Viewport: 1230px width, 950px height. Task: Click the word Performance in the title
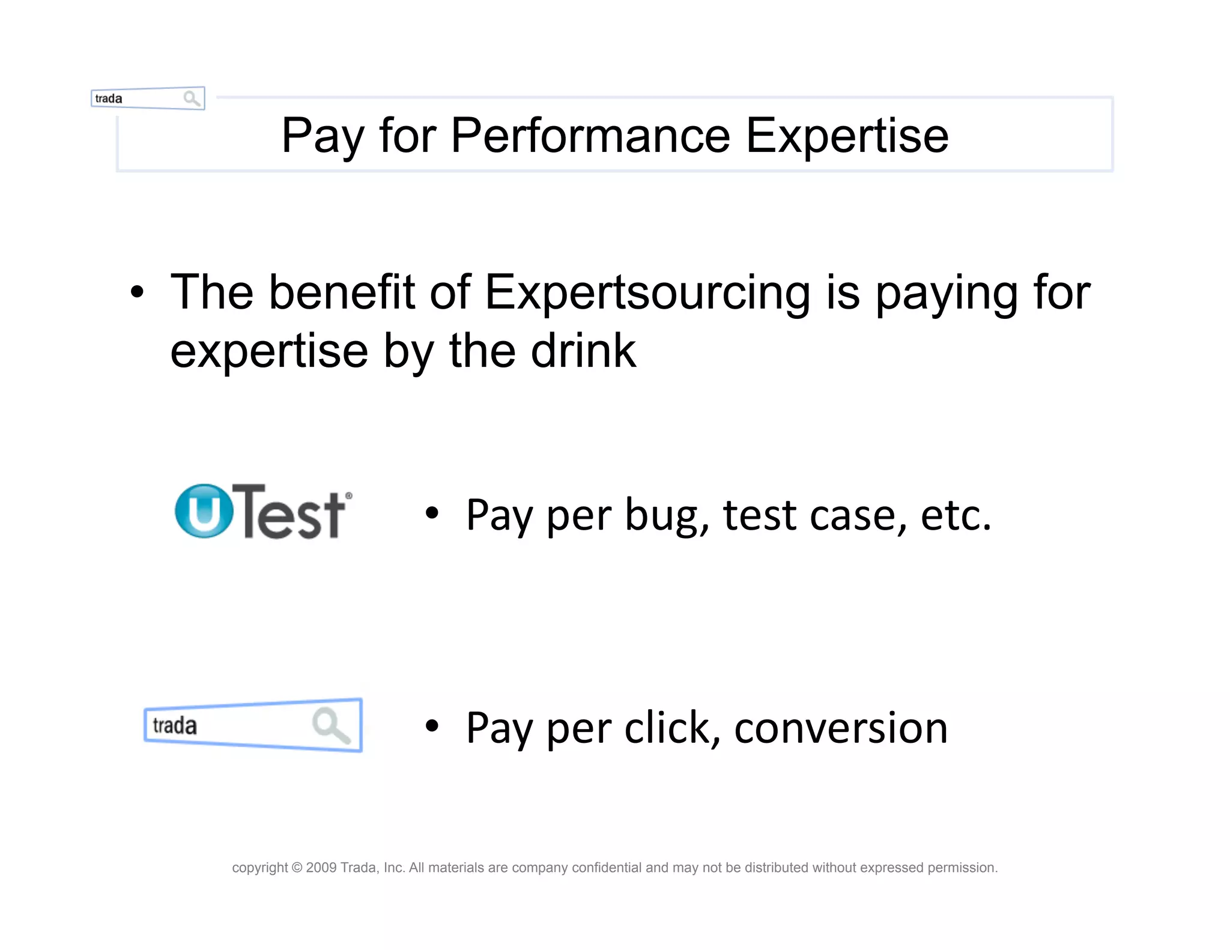click(590, 136)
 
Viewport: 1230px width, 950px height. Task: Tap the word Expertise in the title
click(847, 136)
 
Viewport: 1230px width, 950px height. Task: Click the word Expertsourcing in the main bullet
click(647, 292)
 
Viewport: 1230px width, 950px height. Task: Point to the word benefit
click(341, 292)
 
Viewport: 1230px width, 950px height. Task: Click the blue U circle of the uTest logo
click(204, 511)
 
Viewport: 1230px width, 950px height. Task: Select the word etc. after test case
click(955, 515)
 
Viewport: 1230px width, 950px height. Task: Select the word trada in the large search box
click(175, 725)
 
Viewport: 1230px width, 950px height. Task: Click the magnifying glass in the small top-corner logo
click(192, 98)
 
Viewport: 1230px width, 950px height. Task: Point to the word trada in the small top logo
click(109, 98)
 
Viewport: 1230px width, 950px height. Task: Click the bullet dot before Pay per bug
click(432, 514)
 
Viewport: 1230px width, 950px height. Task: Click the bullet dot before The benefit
click(138, 292)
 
